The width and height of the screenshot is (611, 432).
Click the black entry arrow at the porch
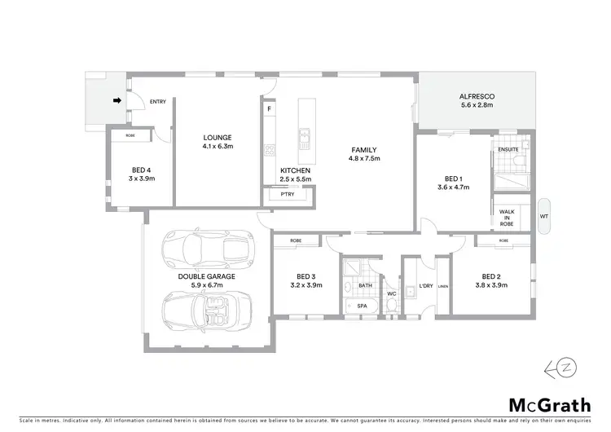[116, 101]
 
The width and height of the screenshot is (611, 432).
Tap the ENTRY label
[158, 102]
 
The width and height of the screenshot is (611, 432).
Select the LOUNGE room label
[218, 137]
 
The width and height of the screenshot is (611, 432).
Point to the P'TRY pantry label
[287, 194]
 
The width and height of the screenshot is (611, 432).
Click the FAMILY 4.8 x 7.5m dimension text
[363, 159]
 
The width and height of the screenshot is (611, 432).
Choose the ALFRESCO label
[477, 96]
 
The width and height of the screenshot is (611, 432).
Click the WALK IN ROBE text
[507, 217]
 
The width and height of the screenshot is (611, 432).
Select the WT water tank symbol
[544, 217]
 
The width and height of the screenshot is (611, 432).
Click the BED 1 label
[454, 179]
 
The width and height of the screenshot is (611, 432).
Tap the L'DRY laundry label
[424, 285]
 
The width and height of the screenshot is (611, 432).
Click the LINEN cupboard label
[443, 285]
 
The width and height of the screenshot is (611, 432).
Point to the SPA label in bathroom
[363, 305]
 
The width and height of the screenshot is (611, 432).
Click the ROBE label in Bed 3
[295, 241]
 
